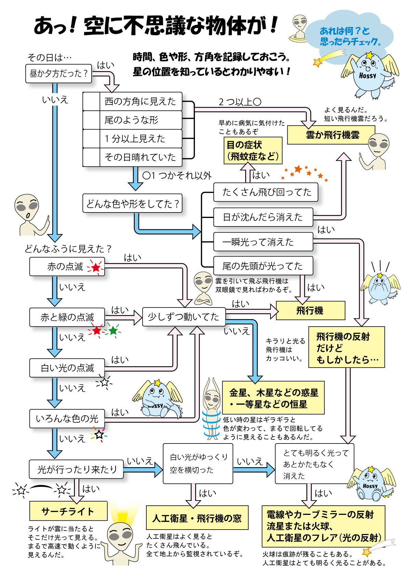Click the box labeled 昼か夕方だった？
tap(58, 73)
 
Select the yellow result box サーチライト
tap(68, 511)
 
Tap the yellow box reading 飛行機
tap(311, 311)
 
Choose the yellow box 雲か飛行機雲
tap(331, 135)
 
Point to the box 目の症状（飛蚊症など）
tap(253, 150)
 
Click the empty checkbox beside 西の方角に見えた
tap(91, 101)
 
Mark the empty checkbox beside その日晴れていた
tap(91, 157)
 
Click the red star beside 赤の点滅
tap(96, 268)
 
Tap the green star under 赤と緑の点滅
tap(113, 330)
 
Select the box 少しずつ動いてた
tap(184, 317)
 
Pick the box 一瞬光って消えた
tap(263, 242)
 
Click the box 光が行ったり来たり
tap(76, 469)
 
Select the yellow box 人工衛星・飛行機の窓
tap(197, 518)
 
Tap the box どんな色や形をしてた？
tap(132, 203)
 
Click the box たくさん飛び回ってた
tap(266, 192)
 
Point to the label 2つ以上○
tap(240, 102)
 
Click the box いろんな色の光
tap(67, 419)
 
